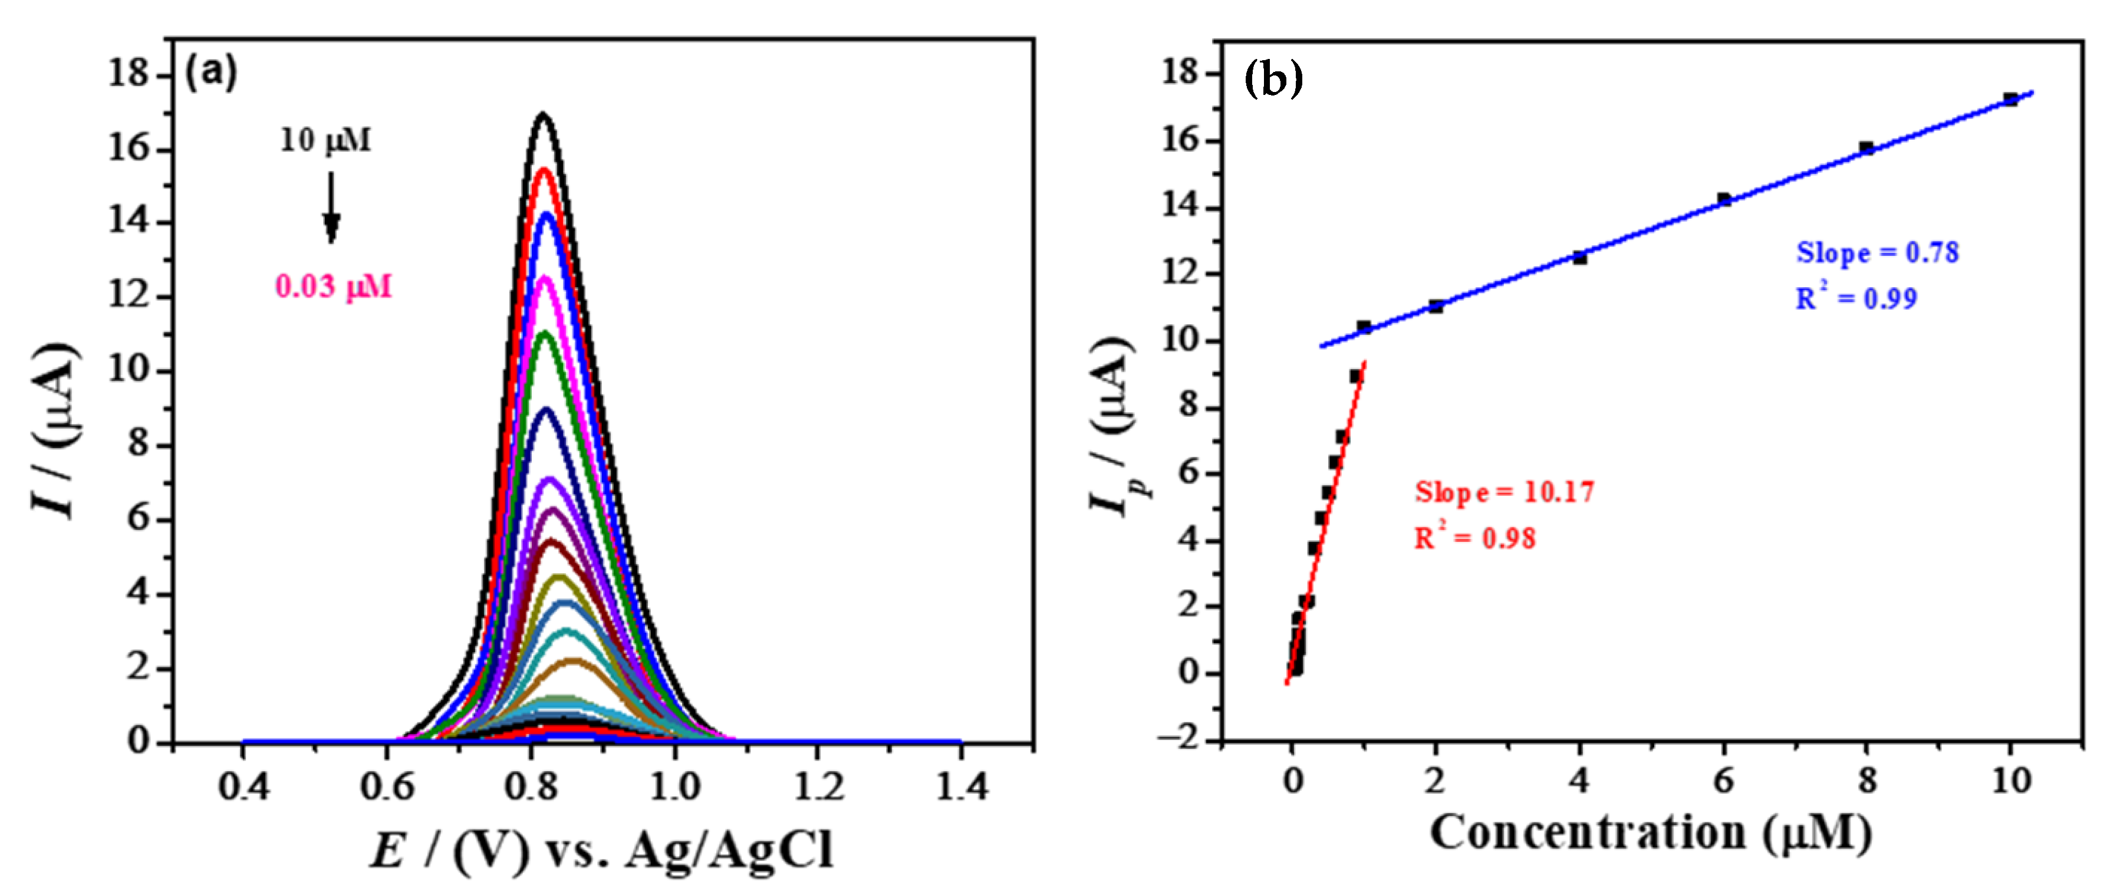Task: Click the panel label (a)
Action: [211, 73]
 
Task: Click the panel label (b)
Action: [1273, 80]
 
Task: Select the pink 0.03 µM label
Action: [334, 287]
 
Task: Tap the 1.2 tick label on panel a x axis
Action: [819, 787]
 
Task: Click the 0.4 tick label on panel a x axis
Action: [243, 787]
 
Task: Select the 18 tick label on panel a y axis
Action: [129, 74]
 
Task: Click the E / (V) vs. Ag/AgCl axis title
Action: [602, 851]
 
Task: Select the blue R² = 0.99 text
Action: [1856, 298]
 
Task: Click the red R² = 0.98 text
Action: [1476, 538]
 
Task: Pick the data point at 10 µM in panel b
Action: [2010, 100]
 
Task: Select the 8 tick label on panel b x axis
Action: [1867, 781]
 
